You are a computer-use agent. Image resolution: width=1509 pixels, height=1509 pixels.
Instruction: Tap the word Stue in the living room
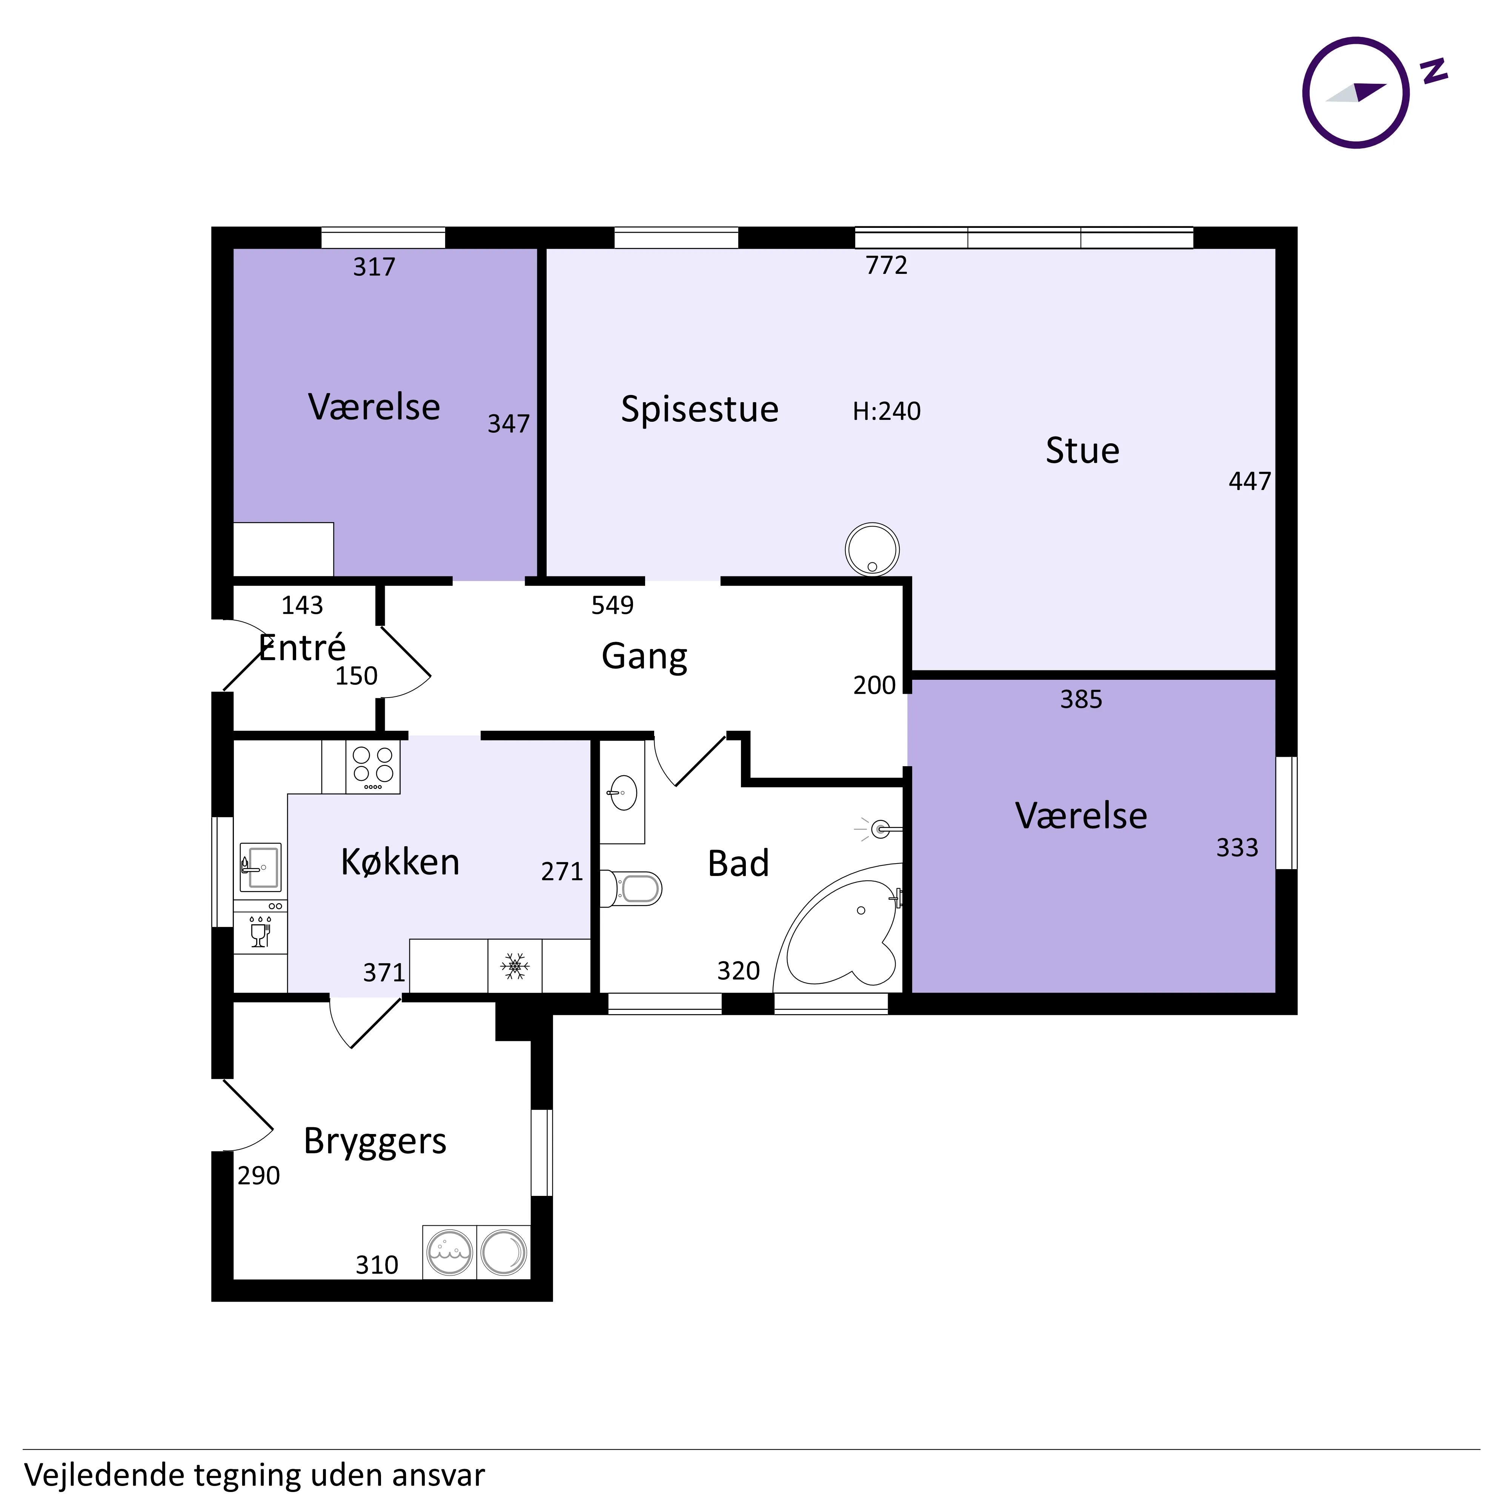point(1083,451)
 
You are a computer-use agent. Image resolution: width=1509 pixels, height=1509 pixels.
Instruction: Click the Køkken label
point(400,862)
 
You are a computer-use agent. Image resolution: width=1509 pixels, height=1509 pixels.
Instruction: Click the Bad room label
point(738,864)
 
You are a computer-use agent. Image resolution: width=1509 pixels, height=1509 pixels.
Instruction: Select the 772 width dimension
point(887,266)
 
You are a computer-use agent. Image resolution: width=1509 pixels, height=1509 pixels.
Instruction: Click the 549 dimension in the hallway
point(612,605)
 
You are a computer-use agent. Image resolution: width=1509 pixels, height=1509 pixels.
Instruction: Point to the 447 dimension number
point(1250,481)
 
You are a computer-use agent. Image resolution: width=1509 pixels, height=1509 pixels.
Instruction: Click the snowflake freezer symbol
point(515,966)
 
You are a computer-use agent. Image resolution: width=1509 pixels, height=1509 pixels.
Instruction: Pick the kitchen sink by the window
point(260,867)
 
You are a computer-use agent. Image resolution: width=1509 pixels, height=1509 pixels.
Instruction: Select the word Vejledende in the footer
point(104,1475)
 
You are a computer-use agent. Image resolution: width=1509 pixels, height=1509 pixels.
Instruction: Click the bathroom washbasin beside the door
point(622,793)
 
